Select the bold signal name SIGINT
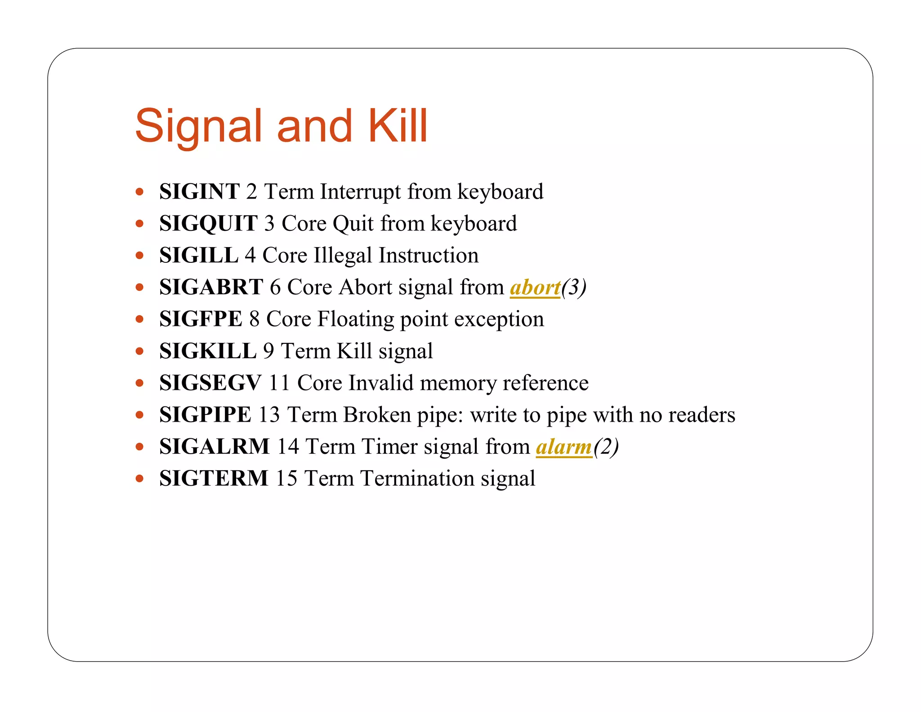click(x=199, y=192)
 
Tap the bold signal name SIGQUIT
click(x=208, y=224)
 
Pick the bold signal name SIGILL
click(x=199, y=256)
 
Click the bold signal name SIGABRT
click(x=211, y=287)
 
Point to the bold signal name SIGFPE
click(x=201, y=319)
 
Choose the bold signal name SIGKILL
click(x=208, y=351)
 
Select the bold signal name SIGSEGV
click(x=210, y=383)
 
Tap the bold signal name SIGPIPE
click(x=205, y=415)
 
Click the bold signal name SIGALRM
click(x=214, y=446)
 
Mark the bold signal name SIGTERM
click(x=214, y=478)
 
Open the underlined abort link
click(x=535, y=288)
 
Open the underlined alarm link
click(x=564, y=447)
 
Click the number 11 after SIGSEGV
click(x=279, y=383)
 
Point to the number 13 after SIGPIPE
click(x=269, y=415)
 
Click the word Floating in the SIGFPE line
click(x=355, y=320)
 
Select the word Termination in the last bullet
click(x=417, y=478)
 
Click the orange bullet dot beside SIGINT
click(x=139, y=192)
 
